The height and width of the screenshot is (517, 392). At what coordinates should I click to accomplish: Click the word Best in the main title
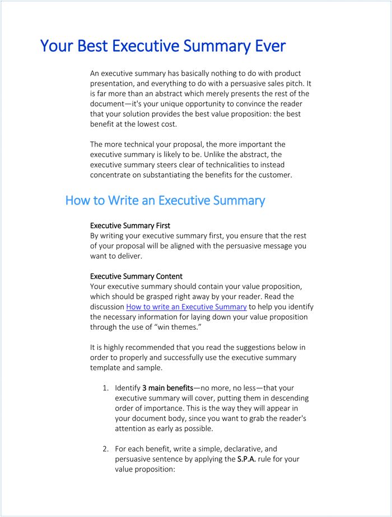click(93, 46)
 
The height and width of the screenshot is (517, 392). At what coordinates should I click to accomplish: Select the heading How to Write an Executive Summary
click(165, 200)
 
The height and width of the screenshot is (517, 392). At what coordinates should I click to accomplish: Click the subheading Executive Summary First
click(130, 225)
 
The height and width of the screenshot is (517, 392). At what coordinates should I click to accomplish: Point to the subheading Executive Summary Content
click(136, 276)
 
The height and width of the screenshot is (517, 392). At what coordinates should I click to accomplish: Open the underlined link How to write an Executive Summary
click(186, 307)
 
